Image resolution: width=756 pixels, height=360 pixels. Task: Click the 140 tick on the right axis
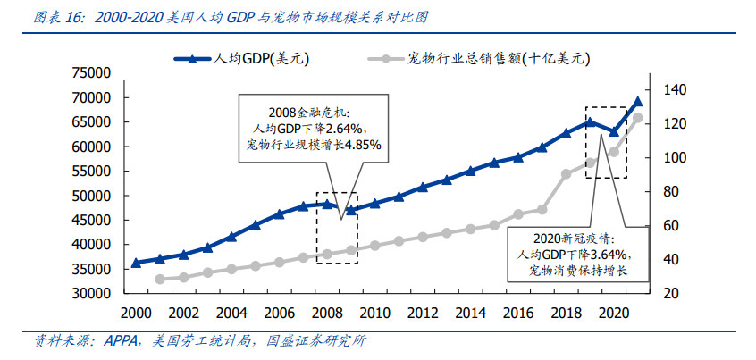(674, 89)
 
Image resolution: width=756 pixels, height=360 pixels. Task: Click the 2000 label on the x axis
(135, 313)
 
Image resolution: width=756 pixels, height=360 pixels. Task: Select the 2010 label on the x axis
(374, 313)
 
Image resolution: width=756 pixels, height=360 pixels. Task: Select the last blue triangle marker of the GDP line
(638, 102)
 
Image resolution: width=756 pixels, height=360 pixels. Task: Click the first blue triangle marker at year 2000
(136, 263)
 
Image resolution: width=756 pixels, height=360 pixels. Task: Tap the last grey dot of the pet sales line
(638, 117)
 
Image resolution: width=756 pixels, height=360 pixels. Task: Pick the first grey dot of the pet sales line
(160, 280)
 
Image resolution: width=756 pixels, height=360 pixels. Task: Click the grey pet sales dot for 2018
(566, 174)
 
